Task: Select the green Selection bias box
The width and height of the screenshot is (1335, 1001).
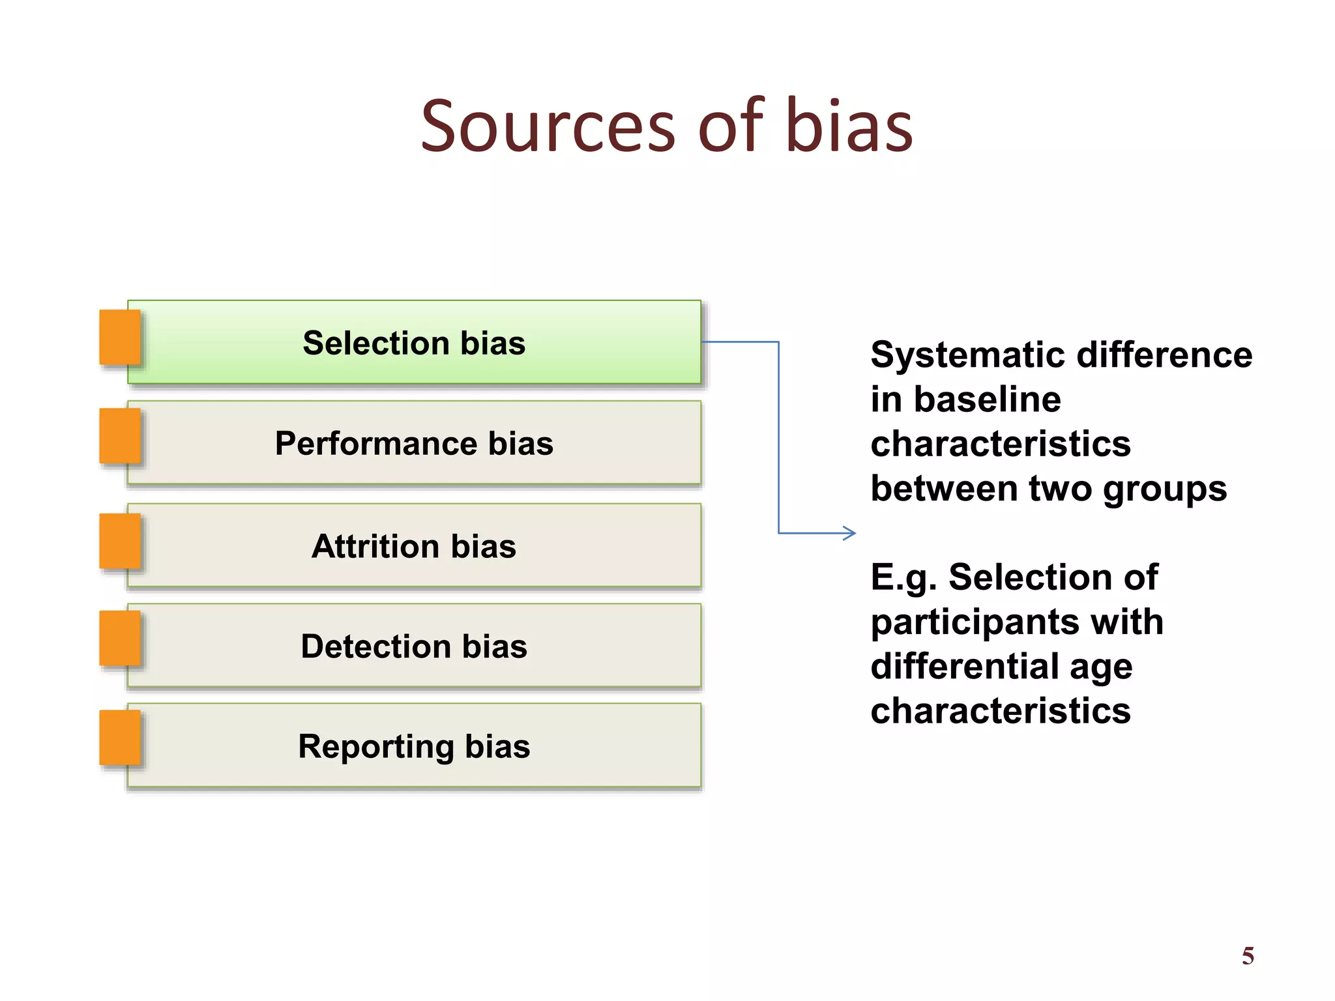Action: pos(415,342)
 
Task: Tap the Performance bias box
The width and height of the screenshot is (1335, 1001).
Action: pos(415,443)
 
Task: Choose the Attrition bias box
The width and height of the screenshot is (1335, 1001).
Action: pos(415,545)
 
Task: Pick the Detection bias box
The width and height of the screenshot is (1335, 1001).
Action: pos(415,646)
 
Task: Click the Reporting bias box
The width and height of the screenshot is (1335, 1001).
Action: pos(415,746)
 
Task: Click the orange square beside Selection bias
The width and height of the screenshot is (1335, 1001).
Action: pos(120,337)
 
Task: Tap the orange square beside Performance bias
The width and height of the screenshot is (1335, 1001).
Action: pos(120,436)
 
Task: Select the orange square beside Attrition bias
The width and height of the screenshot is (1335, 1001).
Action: pos(120,541)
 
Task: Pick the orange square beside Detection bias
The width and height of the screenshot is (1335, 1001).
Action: pos(120,638)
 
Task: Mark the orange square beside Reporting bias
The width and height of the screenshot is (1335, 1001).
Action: pos(120,737)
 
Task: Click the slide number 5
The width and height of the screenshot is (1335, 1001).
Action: pos(1248,956)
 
